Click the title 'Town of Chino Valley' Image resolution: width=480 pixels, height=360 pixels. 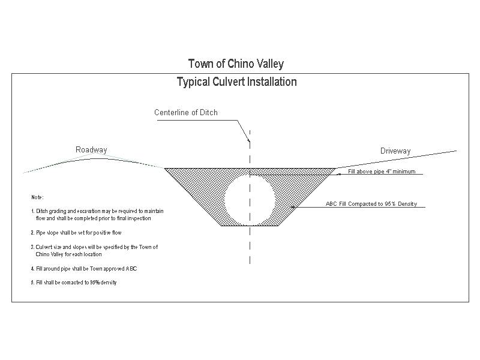[236, 64]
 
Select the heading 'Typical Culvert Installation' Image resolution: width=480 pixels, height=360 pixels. [236, 82]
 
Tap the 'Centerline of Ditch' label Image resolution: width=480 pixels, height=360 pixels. [186, 113]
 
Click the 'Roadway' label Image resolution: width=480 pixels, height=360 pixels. [91, 149]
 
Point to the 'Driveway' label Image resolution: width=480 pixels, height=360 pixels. [395, 151]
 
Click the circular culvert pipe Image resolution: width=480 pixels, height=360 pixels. [250, 198]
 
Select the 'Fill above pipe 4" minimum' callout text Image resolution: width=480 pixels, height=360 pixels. [381, 172]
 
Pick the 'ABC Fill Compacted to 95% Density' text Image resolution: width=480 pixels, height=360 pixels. [371, 204]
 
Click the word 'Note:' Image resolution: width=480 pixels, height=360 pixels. [37, 197]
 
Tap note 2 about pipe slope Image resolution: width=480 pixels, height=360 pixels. [79, 232]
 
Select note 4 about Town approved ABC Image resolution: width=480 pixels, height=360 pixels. [84, 268]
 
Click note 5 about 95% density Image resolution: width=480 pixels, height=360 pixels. [74, 283]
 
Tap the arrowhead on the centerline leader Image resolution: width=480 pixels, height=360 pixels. [248, 140]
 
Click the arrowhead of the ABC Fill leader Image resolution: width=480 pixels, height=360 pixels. [293, 208]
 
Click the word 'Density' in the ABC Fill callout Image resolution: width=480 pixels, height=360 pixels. [406, 204]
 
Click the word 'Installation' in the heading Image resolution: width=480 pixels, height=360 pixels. [273, 82]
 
